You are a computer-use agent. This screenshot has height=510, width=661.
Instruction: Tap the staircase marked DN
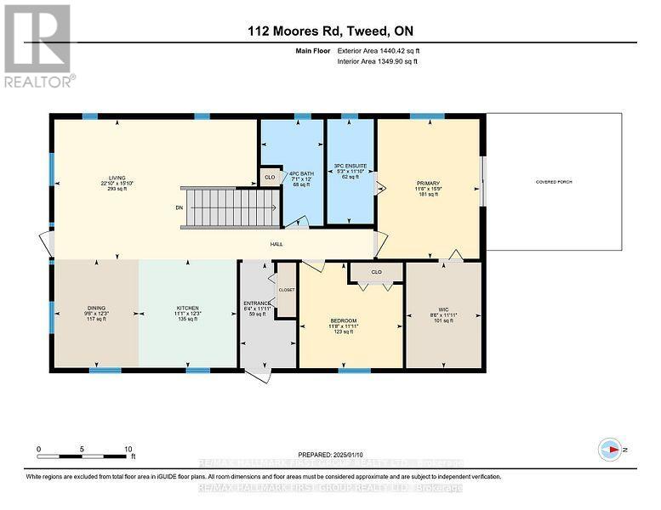[x=232, y=207]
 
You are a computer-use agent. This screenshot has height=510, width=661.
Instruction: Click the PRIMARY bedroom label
[x=427, y=183]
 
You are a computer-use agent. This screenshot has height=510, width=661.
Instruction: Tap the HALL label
[x=276, y=244]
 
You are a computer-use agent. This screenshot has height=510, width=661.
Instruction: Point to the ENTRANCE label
[x=257, y=303]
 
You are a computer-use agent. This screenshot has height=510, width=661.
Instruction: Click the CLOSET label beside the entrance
[x=286, y=290]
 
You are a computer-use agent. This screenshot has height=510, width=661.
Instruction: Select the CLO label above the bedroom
[x=375, y=273]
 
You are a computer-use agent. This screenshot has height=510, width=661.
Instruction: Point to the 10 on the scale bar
[x=128, y=448]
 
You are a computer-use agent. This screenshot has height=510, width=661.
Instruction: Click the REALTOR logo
[x=39, y=46]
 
